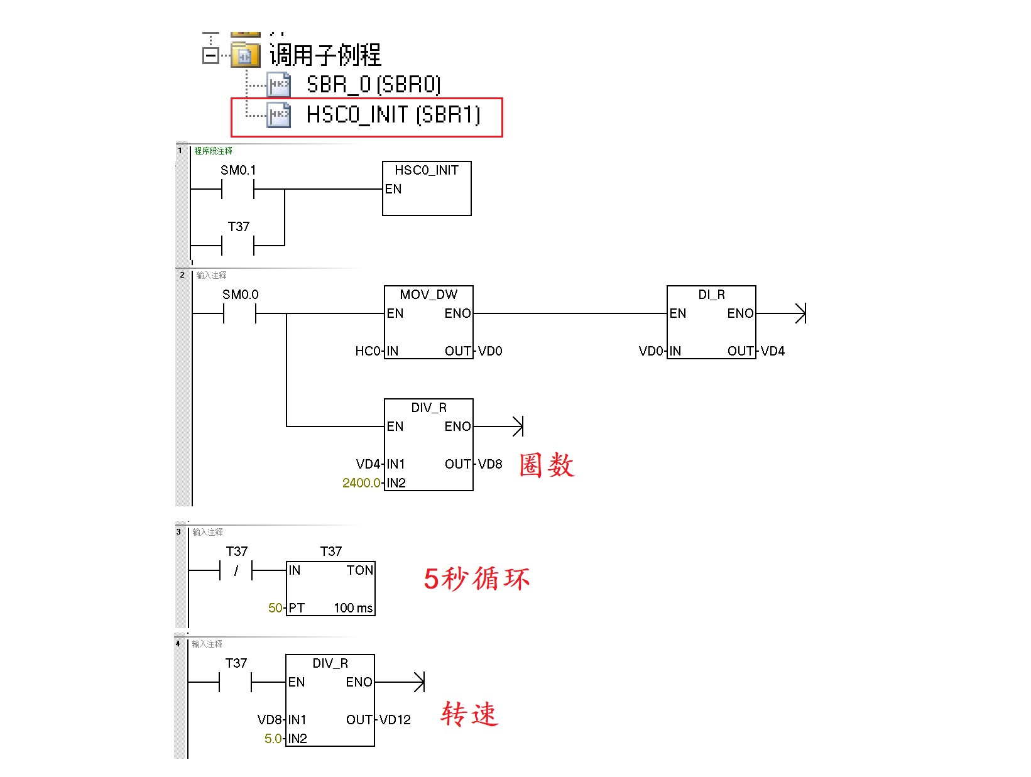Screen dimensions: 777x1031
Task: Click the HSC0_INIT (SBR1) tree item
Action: pos(393,115)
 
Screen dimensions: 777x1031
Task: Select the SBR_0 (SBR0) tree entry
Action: pos(373,85)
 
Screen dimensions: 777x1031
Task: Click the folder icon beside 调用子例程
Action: pos(245,55)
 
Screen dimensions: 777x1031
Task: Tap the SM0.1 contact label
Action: pos(238,170)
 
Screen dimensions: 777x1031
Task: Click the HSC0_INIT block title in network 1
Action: pos(427,170)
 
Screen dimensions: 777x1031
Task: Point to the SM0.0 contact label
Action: pos(240,295)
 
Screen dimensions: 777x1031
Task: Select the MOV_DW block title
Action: pos(428,295)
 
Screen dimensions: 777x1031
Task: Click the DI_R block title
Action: pos(711,295)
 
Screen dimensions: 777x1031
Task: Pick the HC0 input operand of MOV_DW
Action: pos(368,351)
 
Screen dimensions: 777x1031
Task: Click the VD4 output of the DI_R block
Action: pos(773,351)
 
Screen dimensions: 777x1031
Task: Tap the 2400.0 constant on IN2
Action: pos(361,483)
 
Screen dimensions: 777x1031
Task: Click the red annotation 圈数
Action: pos(547,465)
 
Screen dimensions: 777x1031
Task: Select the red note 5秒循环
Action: pos(476,579)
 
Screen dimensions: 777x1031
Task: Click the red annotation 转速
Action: pos(469,714)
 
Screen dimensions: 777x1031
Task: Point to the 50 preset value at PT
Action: pos(275,608)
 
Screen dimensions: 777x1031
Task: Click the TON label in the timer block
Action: pos(359,570)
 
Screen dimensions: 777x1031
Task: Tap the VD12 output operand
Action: pos(395,720)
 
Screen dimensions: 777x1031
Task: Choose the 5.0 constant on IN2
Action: pos(273,739)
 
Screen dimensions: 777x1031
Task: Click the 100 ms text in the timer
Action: pos(353,608)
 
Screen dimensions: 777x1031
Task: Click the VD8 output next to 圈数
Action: pos(490,464)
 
